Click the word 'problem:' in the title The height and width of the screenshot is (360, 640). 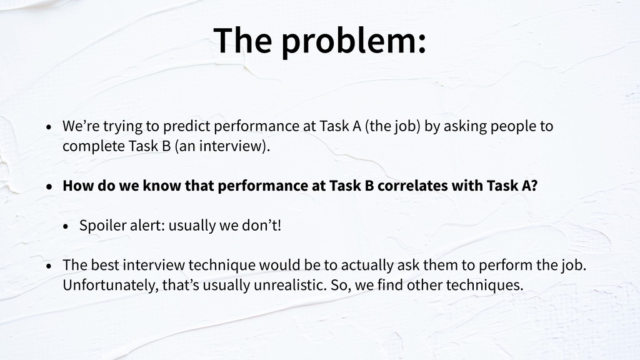[x=354, y=42]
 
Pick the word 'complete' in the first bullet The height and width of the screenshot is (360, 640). [x=94, y=146]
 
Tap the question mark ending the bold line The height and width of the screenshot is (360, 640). [x=534, y=186]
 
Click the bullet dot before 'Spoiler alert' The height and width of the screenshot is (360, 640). [x=66, y=227]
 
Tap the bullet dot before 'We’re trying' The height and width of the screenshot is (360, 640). [x=49, y=127]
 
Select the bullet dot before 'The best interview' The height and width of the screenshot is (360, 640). [x=49, y=266]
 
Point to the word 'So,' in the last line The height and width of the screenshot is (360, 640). [x=341, y=285]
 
